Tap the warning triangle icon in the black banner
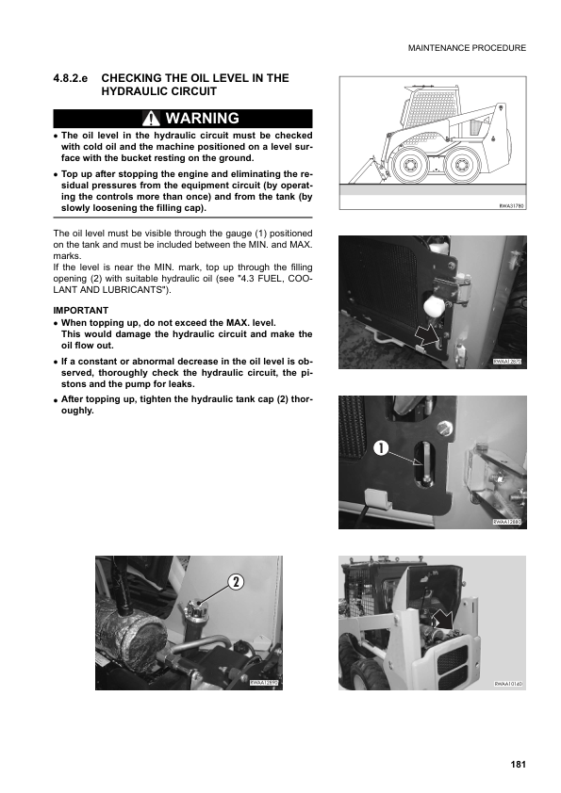[151, 119]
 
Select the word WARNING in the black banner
[202, 119]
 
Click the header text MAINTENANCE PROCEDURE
[467, 47]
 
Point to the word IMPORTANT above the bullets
[81, 310]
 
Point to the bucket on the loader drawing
[360, 172]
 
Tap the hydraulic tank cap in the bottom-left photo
[199, 609]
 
